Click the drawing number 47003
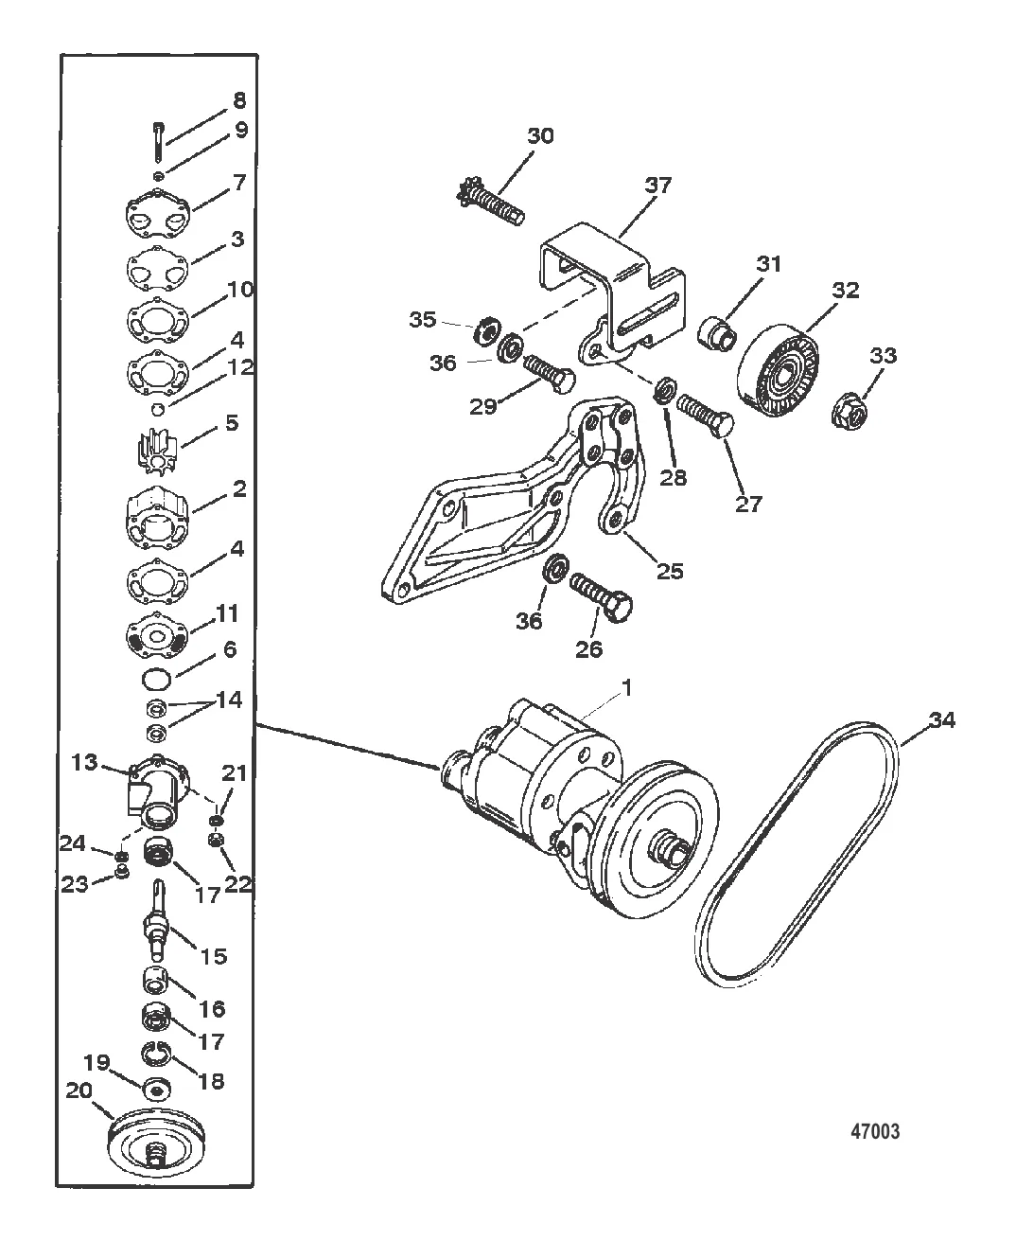coord(875,1131)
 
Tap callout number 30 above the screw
coord(540,136)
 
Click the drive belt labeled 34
coord(797,854)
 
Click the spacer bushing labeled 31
coord(715,334)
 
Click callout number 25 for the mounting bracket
coord(670,571)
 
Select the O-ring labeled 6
coord(156,679)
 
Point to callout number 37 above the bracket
coord(657,186)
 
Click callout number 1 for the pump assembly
coord(627,686)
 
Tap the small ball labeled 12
coord(157,408)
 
